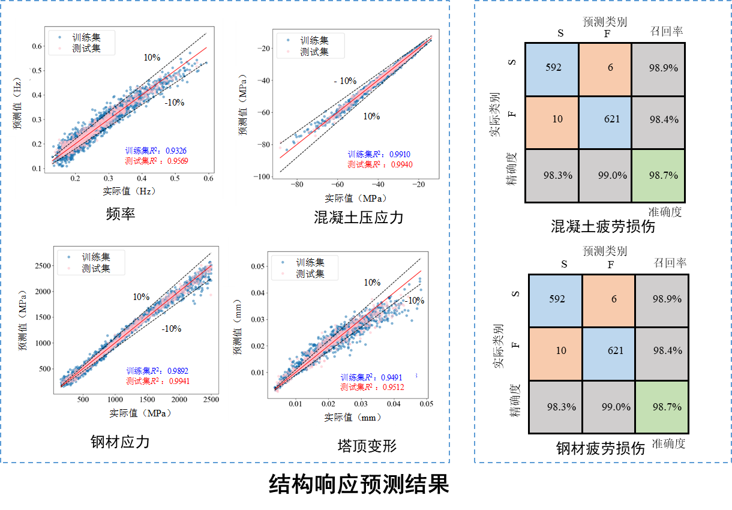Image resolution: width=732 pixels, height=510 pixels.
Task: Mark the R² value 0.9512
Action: (x=391, y=388)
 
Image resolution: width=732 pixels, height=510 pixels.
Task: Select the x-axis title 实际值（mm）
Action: (x=353, y=417)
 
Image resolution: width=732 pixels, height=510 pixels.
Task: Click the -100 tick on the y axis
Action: (x=262, y=177)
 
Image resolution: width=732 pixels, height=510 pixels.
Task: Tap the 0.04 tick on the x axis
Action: (x=393, y=403)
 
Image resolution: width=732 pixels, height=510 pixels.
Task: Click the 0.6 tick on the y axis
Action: (x=37, y=46)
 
